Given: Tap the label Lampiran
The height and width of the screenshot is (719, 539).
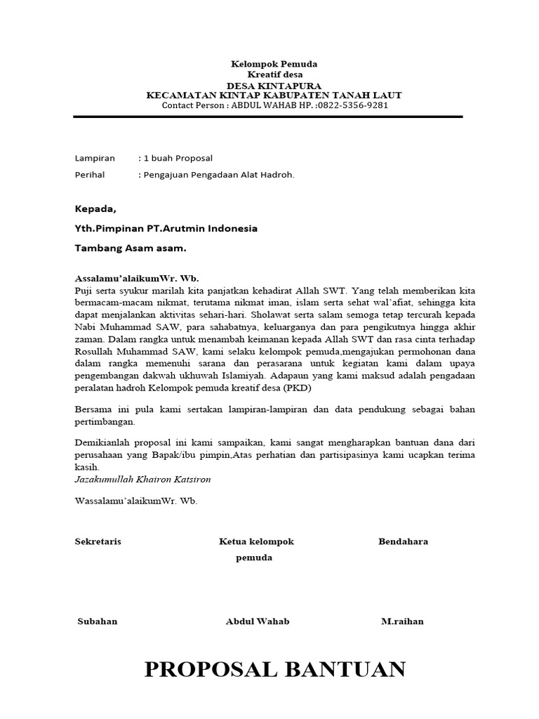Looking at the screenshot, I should pos(95,159).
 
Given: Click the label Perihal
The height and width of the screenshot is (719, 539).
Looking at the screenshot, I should pos(91,176).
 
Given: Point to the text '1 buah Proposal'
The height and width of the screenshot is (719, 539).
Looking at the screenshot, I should pos(177,159).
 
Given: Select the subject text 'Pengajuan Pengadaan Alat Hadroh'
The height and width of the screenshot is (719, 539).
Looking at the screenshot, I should pos(218,176).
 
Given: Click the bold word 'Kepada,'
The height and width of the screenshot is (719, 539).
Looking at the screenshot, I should pos(96,209).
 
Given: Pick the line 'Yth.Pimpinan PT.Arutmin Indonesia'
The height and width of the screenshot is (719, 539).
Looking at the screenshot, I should pos(166,228).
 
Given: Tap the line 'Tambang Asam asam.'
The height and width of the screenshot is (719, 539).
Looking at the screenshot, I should pos(131,248).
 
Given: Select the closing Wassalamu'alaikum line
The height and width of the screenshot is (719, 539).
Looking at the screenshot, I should pos(136,501).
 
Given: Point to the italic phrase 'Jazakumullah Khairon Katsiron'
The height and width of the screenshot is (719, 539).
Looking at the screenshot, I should pos(142,479).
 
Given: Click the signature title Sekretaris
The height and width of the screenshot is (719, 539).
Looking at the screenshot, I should pos(98,541).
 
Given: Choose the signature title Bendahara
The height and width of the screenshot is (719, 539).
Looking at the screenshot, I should pos(403,541).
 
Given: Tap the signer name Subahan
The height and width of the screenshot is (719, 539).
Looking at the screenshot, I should pos(98,621).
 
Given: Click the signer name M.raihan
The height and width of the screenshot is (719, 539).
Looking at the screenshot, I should pos(402,621).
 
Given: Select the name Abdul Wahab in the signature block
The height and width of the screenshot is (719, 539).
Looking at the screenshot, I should pos(257,621).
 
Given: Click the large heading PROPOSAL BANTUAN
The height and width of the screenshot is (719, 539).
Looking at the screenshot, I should pos(274,670).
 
